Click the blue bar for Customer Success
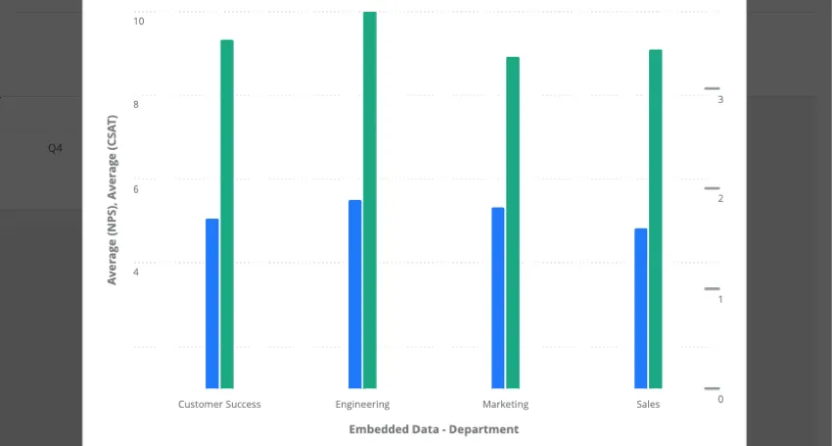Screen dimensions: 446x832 tap(212, 303)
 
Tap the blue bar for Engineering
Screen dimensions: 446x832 tap(355, 294)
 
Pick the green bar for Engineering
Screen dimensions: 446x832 tap(370, 200)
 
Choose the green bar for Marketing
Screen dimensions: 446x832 tap(513, 223)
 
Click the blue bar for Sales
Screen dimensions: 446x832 tap(641, 308)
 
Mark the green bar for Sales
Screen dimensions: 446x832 tap(656, 219)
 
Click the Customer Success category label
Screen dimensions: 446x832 tap(219, 404)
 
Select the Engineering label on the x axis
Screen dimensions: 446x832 tap(362, 404)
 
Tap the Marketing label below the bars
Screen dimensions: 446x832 tap(505, 404)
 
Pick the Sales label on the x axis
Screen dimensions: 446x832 tap(648, 404)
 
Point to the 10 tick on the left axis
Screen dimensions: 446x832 tap(138, 21)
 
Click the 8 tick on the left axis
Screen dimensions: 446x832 tap(136, 104)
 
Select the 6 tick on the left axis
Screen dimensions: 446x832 tap(136, 188)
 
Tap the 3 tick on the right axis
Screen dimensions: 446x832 tap(720, 99)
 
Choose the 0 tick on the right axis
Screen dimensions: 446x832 tap(720, 399)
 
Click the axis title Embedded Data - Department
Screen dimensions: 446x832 tap(434, 429)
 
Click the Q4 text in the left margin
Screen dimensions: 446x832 tap(56, 148)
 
